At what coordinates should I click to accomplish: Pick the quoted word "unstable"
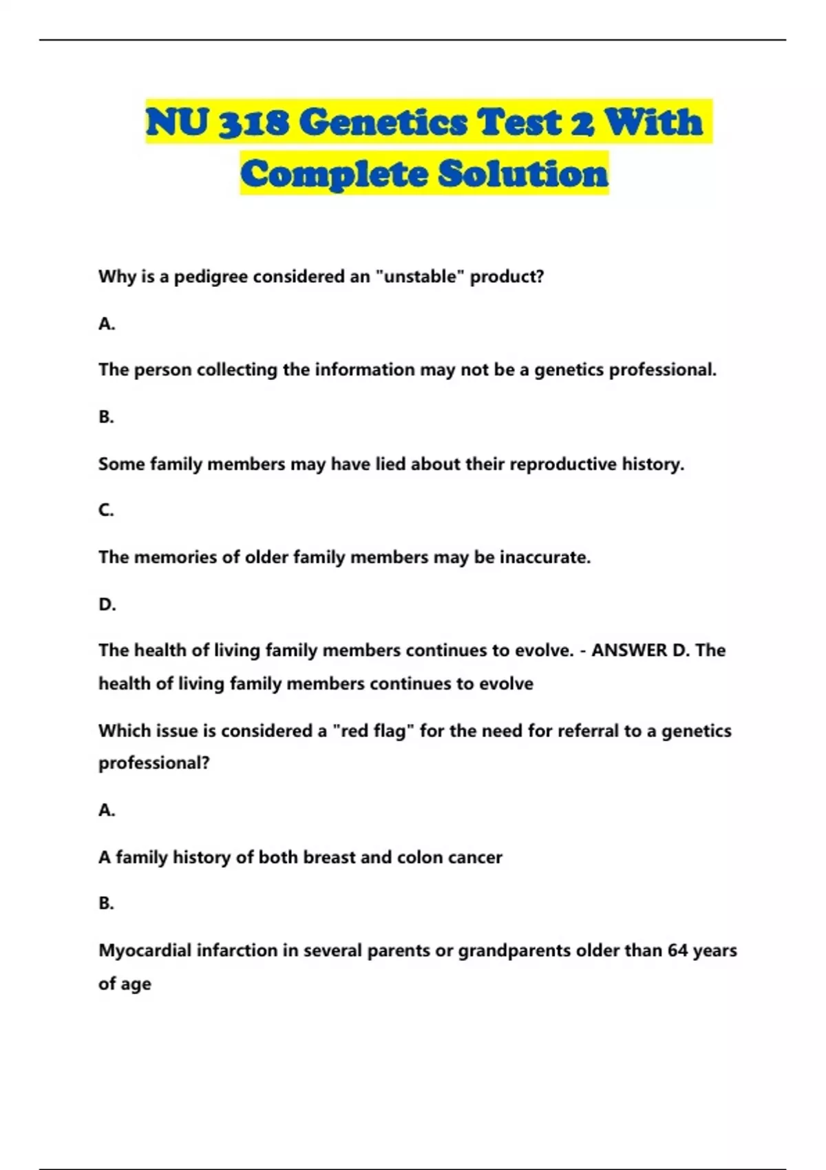[420, 277]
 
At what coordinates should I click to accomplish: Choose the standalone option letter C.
[106, 510]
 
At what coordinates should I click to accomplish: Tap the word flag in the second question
[392, 730]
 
